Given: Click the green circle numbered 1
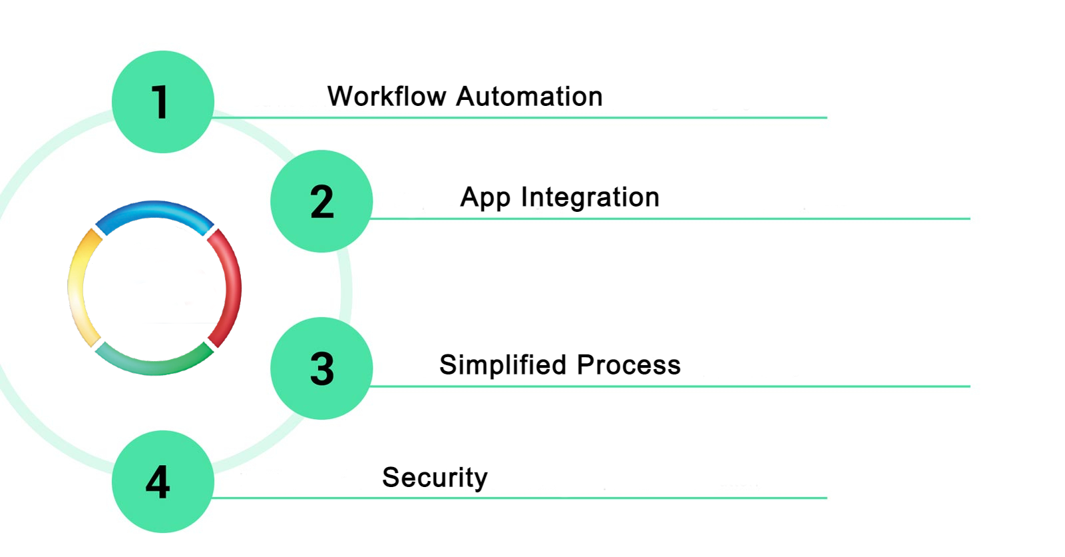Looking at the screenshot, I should pos(162,102).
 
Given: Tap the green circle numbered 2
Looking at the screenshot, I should pos(321,201).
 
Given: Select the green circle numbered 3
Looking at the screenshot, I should pos(321,368).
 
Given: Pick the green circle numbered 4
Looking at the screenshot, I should pos(162,481).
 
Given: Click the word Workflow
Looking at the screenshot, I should pos(387,97).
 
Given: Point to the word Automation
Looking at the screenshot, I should pos(530,97).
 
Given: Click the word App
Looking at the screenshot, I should pos(485,198).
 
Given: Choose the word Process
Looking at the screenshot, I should pos(629,365).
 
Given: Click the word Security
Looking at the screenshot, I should pos(435,478).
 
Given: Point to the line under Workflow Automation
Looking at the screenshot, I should pos(519,118).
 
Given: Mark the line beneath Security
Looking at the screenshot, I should pos(519,498).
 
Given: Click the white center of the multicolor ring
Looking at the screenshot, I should pos(154,288).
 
